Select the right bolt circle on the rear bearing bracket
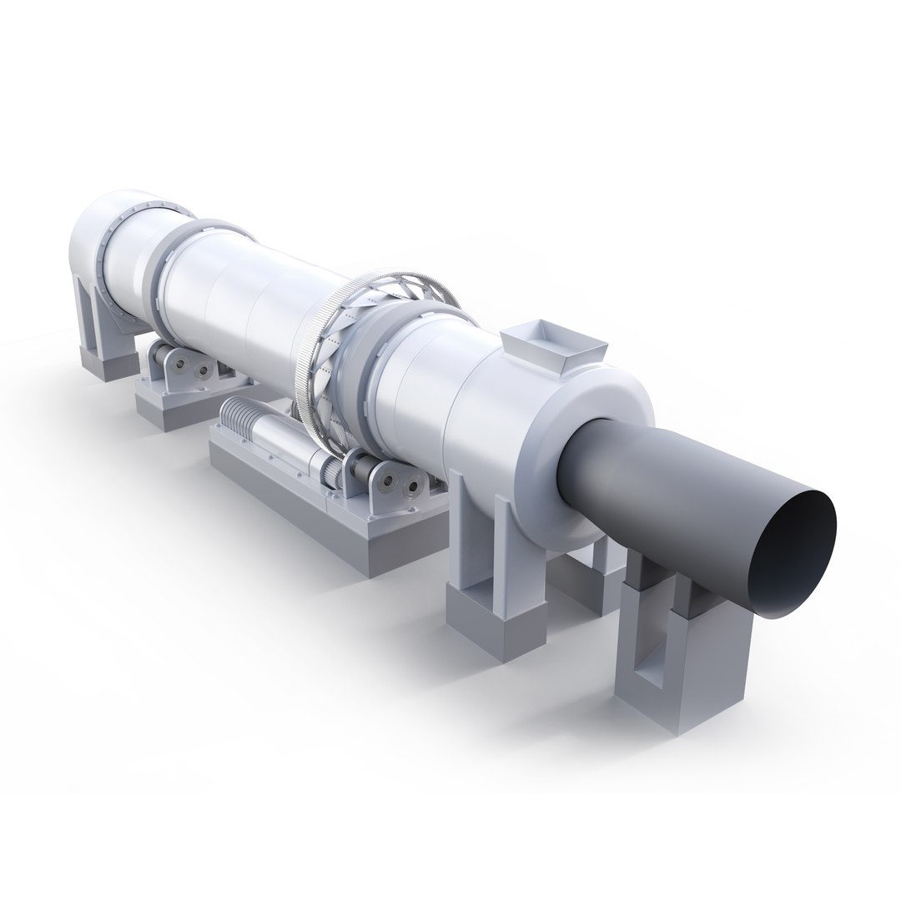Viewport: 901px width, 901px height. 204,370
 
